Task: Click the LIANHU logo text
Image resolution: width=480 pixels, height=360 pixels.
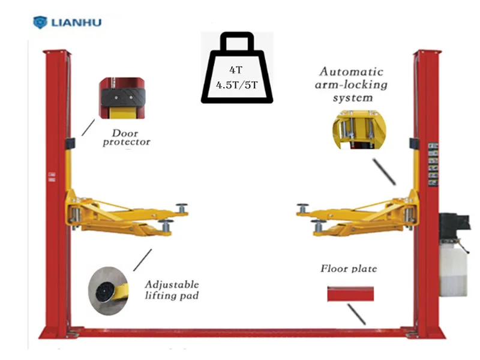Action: tap(76, 23)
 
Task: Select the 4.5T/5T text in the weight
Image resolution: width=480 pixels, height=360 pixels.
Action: tap(237, 85)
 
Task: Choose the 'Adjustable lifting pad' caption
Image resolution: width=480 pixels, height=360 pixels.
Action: tap(171, 289)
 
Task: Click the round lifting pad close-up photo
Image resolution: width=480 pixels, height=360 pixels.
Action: tap(109, 292)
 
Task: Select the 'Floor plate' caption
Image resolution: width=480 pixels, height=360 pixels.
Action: tap(349, 268)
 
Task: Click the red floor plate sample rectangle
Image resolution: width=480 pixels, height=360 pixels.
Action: tap(350, 294)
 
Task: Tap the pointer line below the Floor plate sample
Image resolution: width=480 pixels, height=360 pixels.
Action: tap(356, 313)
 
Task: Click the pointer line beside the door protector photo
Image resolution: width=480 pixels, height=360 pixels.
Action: tap(88, 127)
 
